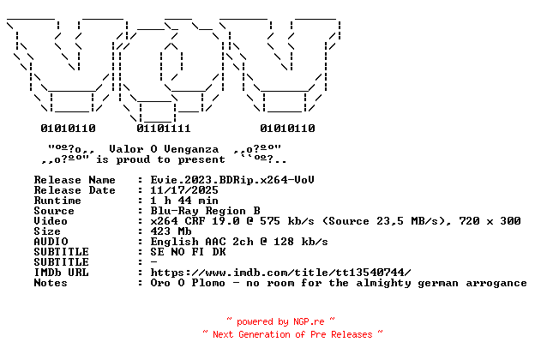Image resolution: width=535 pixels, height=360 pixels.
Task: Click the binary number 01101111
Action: tap(164, 129)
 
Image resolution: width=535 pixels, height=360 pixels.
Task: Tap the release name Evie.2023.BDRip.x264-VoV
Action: tap(232, 180)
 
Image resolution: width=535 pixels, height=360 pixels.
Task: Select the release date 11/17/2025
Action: tap(184, 190)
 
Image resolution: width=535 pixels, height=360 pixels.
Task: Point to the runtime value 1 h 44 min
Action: tap(184, 201)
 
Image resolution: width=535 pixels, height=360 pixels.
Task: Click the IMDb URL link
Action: tap(281, 273)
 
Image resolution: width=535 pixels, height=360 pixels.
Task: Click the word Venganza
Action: tap(191, 149)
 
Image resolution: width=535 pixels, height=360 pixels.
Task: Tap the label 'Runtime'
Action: tap(57, 201)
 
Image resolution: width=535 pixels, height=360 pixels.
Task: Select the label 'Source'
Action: tap(54, 211)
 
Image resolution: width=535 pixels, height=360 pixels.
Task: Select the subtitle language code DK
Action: tap(219, 252)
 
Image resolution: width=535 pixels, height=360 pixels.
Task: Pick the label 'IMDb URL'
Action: tap(61, 273)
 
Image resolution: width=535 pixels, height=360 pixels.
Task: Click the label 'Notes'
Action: tap(51, 283)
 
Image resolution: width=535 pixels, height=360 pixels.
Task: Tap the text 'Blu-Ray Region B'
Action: tap(206, 211)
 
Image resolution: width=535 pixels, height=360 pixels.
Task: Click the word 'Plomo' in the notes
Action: tap(208, 283)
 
